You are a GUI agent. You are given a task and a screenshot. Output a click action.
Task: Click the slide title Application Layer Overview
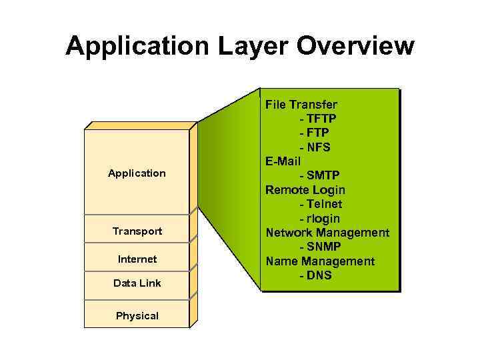point(240,46)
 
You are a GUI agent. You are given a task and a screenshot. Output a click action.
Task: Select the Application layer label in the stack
point(137,173)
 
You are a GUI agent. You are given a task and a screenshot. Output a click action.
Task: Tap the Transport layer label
point(137,231)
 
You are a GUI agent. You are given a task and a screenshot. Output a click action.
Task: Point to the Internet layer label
point(137,259)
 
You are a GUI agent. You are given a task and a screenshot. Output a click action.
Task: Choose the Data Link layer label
point(137,283)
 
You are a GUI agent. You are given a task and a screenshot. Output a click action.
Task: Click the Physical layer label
point(137,316)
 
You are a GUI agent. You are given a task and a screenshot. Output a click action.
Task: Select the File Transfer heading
point(301,105)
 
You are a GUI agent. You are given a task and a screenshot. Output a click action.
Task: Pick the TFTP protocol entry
point(318,119)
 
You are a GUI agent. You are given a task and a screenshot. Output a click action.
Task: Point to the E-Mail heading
point(283,161)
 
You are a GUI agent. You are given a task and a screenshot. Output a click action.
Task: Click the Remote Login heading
point(305,190)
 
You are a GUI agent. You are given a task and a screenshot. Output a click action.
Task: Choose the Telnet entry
point(321,204)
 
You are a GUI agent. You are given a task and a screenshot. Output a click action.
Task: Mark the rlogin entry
point(319,219)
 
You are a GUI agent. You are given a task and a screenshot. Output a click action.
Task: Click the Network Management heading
point(327,233)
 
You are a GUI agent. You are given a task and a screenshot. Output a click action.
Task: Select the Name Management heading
point(320,261)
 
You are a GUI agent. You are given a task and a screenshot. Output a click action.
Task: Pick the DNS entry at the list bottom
point(315,275)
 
